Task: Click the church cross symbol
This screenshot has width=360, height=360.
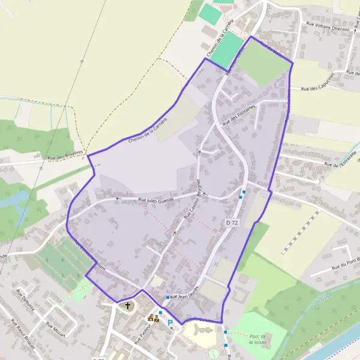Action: tap(127, 306)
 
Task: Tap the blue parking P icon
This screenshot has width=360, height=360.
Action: tap(170, 323)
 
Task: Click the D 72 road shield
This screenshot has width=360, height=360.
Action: tap(232, 223)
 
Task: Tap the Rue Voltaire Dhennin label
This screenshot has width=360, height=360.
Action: tap(328, 25)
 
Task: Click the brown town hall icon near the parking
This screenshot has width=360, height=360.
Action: tap(154, 318)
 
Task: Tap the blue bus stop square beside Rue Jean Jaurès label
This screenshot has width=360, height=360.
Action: tap(167, 297)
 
